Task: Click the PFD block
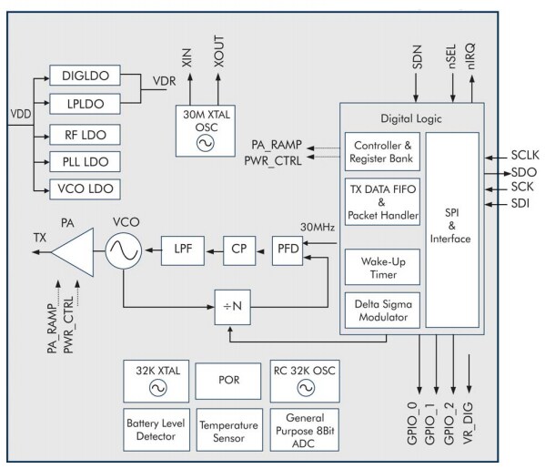[289, 247]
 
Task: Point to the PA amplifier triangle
[76, 247]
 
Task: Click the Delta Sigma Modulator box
[382, 311]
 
